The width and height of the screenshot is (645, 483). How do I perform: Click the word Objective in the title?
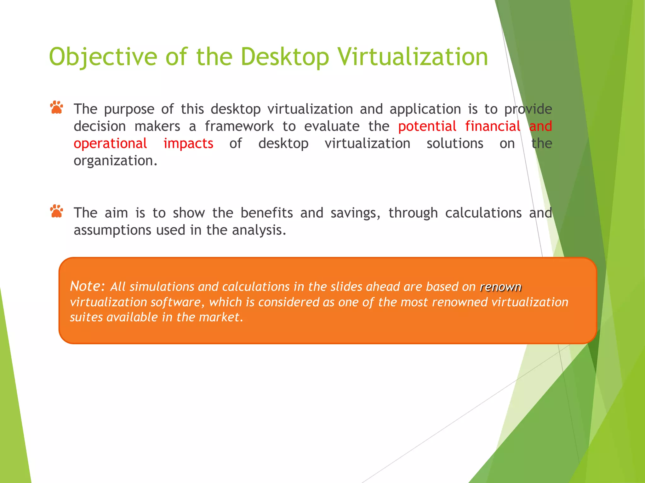(103, 57)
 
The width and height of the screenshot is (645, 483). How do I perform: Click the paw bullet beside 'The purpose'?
(57, 108)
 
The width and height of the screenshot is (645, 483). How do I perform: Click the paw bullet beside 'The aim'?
(57, 211)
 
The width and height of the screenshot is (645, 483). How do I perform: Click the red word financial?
(493, 126)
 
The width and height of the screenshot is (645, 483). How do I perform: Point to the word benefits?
(267, 213)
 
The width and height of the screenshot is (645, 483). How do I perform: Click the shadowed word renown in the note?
(500, 287)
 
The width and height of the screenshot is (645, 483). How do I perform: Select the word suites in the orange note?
(86, 317)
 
